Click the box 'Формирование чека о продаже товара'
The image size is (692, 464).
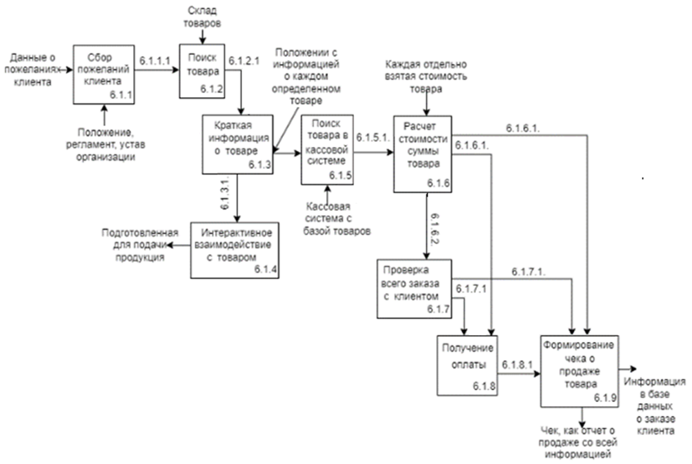click(579, 371)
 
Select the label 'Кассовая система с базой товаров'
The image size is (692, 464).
click(335, 219)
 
